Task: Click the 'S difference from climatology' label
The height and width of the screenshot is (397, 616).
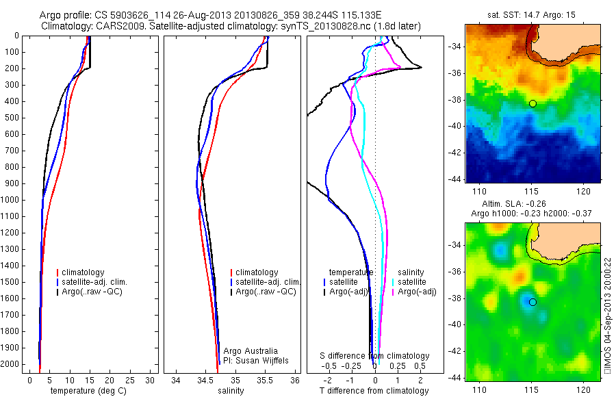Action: point(375,356)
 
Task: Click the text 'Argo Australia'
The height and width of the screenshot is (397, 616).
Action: point(251,351)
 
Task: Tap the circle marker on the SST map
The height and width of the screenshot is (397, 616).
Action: point(532,103)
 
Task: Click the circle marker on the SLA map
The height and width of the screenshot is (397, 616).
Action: point(532,302)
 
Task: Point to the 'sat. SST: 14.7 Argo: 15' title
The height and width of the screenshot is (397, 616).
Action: point(532,14)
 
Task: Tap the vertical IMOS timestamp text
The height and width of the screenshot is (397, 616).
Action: point(608,316)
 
